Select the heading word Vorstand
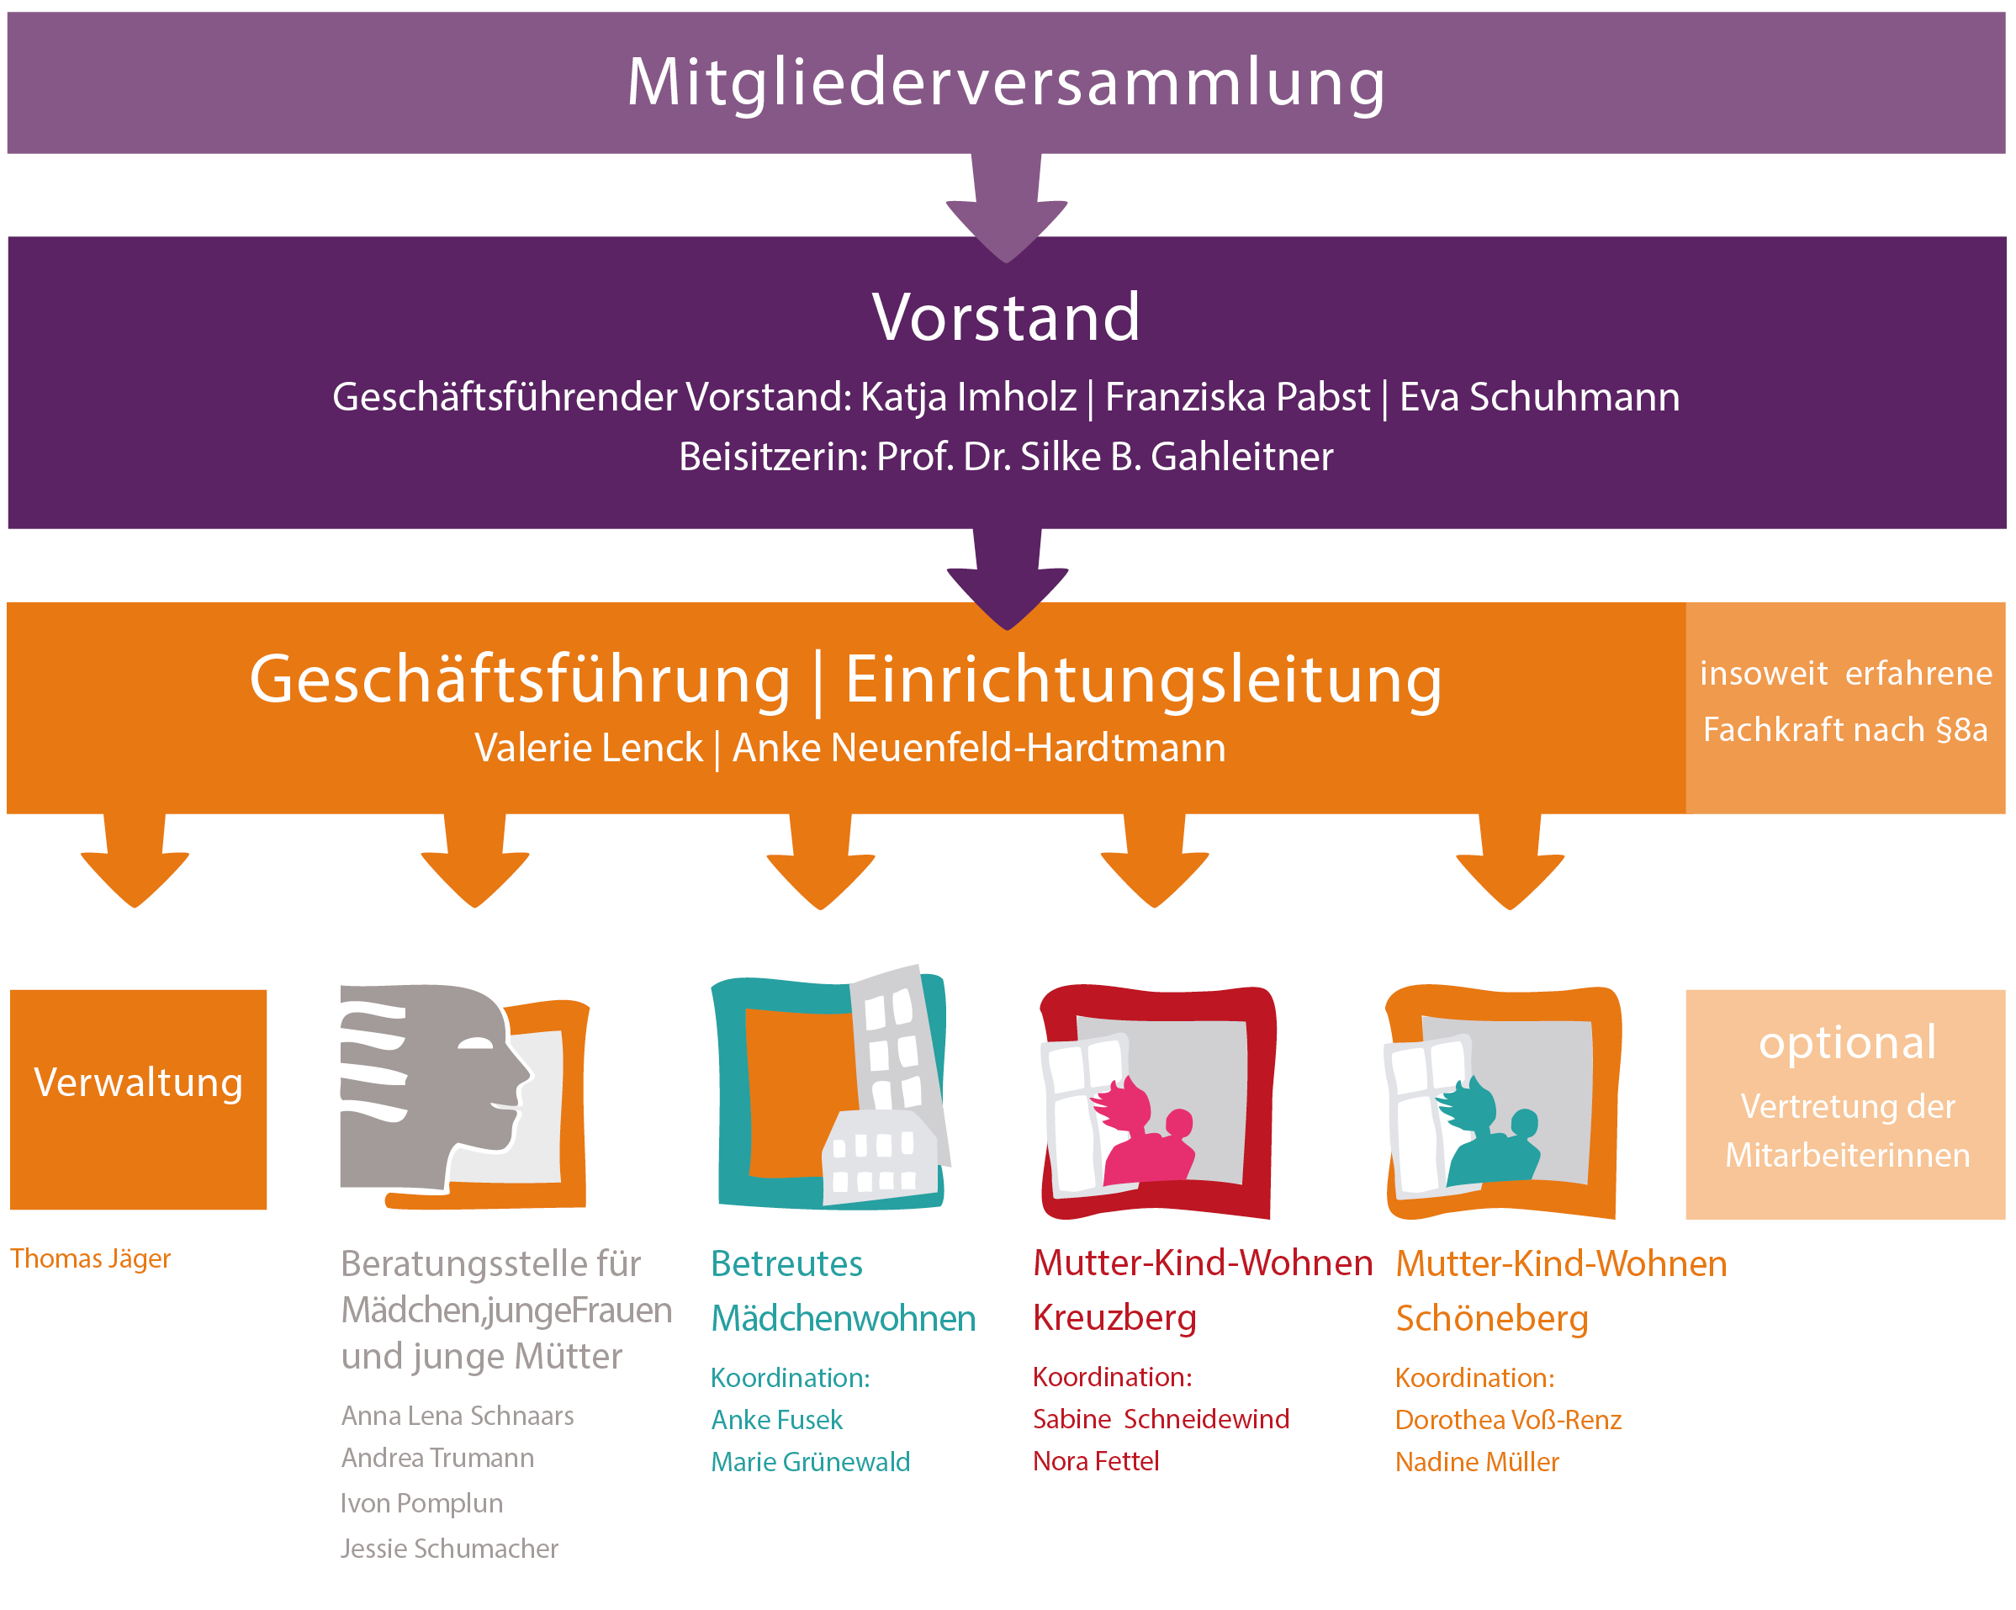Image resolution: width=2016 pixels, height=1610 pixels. [x=1006, y=318]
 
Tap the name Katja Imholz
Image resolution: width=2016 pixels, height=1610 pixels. [x=968, y=397]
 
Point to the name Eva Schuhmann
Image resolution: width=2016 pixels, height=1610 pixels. [x=1539, y=397]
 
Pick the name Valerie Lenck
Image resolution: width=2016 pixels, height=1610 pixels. [x=588, y=748]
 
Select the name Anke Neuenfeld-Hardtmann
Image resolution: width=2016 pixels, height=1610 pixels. [x=978, y=748]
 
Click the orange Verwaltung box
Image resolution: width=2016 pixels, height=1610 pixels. [x=139, y=1099]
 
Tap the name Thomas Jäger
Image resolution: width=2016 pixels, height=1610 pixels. [x=91, y=1258]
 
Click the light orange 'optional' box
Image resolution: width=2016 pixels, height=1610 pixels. [x=1846, y=1104]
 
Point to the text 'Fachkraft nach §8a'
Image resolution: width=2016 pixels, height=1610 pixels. [x=1845, y=729]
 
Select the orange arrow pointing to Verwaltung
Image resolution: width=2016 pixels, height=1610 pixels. [x=135, y=865]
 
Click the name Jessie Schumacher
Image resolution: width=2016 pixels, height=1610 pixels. [x=449, y=1549]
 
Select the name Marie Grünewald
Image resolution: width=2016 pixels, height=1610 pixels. [x=810, y=1461]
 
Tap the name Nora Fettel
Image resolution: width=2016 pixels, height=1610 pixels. [x=1095, y=1460]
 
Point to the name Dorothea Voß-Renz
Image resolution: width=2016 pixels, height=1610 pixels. [x=1507, y=1419]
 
